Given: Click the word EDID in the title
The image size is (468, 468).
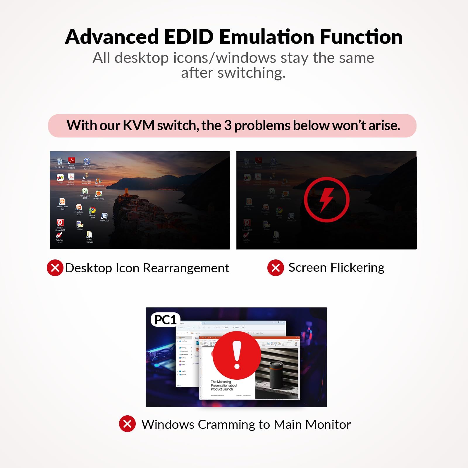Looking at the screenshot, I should (x=189, y=37).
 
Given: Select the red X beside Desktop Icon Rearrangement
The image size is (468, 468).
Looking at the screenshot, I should (x=55, y=268).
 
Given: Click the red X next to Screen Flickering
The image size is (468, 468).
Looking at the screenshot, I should (x=276, y=268).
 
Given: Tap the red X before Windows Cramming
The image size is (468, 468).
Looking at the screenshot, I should (x=127, y=424).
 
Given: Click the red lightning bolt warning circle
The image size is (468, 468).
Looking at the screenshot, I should (x=326, y=199).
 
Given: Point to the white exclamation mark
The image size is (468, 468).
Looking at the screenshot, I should (x=237, y=355).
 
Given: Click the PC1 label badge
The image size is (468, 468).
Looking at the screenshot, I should (x=165, y=320).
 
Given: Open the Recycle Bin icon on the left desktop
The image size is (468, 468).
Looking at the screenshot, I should (x=60, y=162).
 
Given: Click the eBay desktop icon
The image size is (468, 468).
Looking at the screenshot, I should (x=60, y=178).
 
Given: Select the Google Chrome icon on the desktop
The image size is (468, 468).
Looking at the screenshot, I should (x=92, y=210).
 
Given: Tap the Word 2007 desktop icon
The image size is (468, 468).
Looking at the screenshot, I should (x=104, y=216).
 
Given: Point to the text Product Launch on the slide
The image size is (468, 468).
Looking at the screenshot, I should (x=222, y=389).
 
